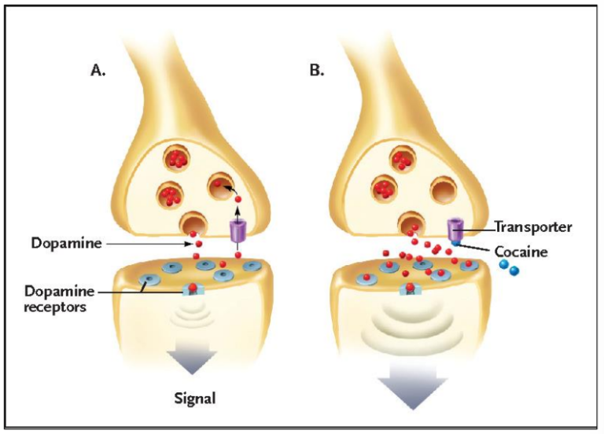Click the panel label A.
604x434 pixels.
[x=98, y=70]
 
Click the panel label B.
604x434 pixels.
[x=316, y=70]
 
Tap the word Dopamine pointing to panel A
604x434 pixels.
[x=67, y=243]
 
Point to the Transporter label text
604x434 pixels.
[x=532, y=227]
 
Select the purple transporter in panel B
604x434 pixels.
[x=455, y=230]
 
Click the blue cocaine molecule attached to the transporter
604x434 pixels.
[x=455, y=244]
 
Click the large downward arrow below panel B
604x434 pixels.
[x=411, y=390]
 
